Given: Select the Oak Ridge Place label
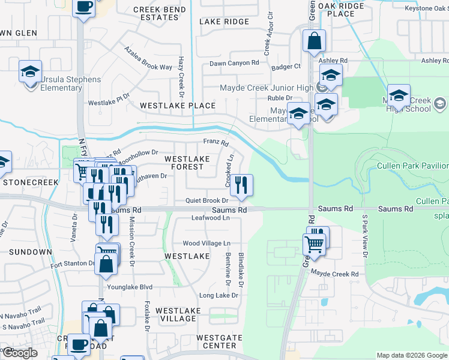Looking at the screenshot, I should pyautogui.click(x=342, y=10).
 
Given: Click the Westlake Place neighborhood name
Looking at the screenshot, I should pyautogui.click(x=178, y=106).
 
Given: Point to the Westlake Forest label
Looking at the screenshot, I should pyautogui.click(x=187, y=163).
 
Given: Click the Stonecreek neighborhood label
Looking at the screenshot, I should pyautogui.click(x=29, y=181).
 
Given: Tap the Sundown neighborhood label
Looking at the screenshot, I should pyautogui.click(x=30, y=252).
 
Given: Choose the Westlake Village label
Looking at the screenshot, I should pyautogui.click(x=176, y=314).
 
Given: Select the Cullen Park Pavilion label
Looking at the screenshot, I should pyautogui.click(x=412, y=166).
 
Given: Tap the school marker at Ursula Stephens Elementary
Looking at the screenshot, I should pyautogui.click(x=30, y=71).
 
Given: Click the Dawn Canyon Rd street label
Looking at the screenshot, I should pyautogui.click(x=234, y=63).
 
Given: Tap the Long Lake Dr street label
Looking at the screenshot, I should pyautogui.click(x=219, y=296).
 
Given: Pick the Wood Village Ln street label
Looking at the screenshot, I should pyautogui.click(x=206, y=244).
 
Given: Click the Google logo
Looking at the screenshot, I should pyautogui.click(x=20, y=353).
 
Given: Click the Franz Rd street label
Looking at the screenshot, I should pyautogui.click(x=216, y=143).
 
